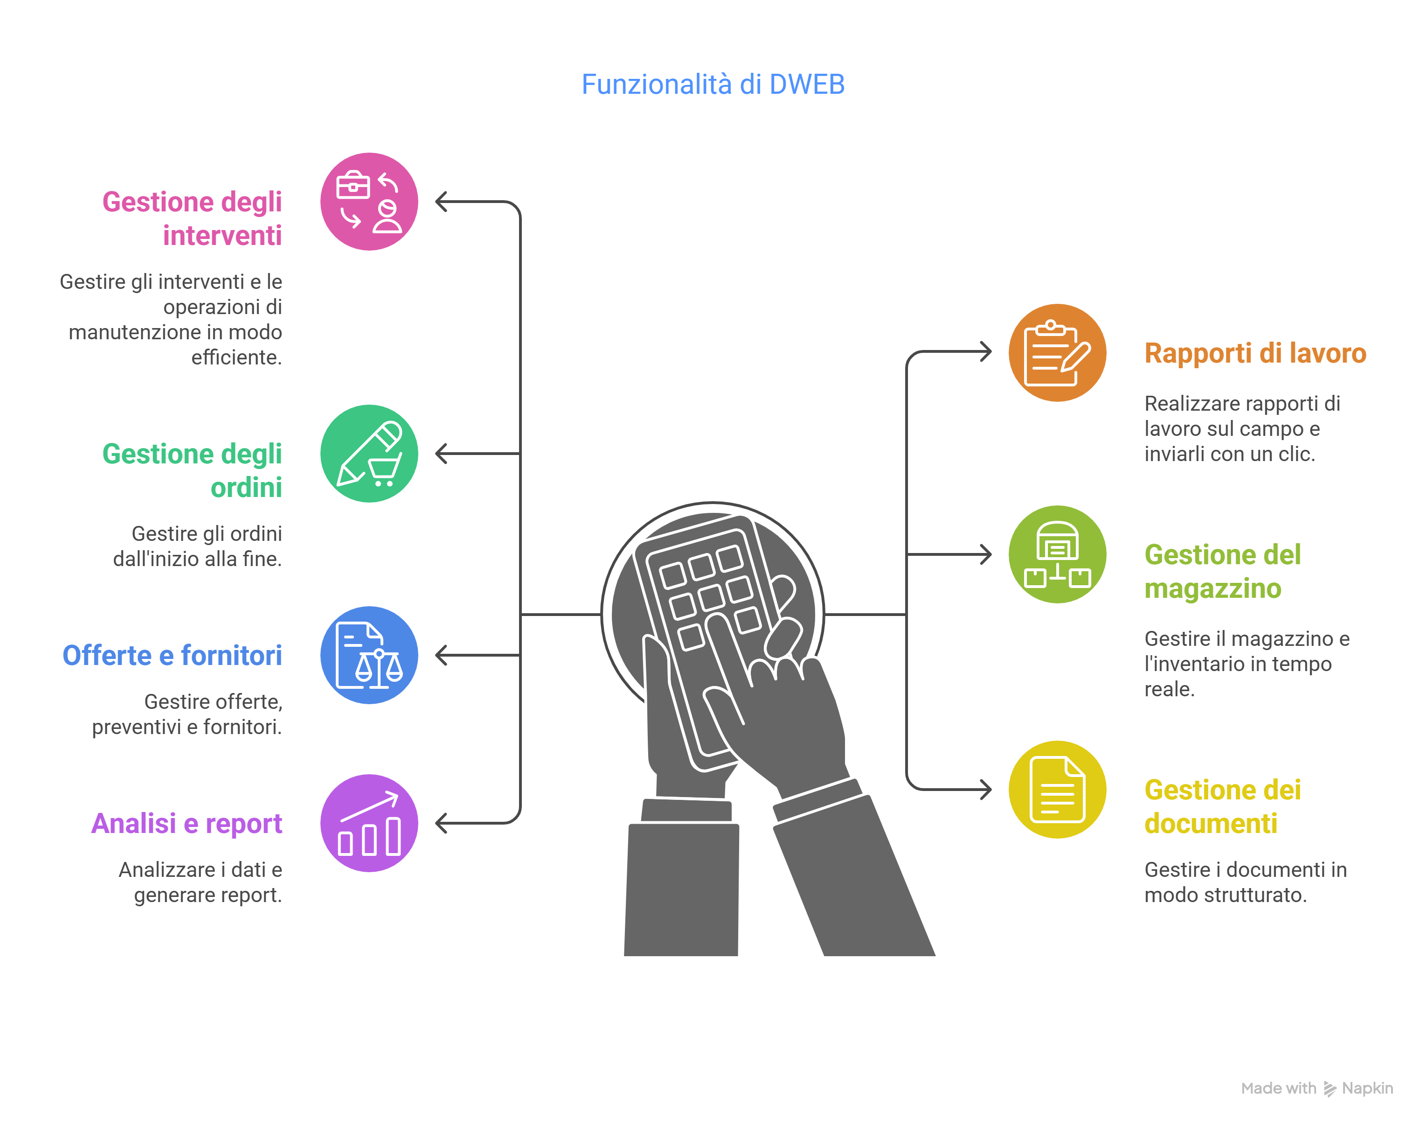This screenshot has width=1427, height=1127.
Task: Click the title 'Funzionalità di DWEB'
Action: (713, 84)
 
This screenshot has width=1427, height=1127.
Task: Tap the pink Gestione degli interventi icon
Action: (369, 202)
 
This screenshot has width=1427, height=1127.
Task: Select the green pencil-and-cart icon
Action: (369, 454)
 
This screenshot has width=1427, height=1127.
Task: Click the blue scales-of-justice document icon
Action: (369, 655)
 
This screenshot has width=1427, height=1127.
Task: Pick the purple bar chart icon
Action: (369, 824)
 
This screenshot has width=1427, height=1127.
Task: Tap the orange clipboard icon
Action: (1057, 352)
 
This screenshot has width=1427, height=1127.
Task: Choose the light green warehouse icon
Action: (1057, 554)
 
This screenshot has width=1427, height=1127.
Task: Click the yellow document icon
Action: (1057, 789)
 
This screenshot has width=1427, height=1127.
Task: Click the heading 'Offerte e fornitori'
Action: (172, 655)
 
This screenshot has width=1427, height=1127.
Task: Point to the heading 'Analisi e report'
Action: (187, 824)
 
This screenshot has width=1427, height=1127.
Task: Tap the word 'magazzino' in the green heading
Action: (1212, 588)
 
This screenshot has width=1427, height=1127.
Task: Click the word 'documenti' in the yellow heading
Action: (1211, 824)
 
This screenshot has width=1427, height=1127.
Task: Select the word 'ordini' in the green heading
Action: (246, 488)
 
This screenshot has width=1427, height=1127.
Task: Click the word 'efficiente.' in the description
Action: (236, 357)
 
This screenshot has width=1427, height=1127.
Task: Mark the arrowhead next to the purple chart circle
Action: (441, 824)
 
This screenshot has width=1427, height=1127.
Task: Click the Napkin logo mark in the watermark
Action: (1330, 1089)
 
